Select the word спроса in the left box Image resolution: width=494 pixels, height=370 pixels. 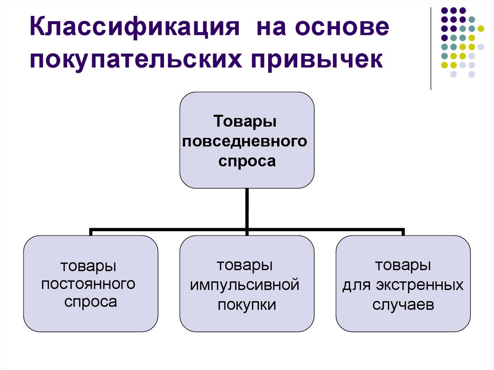click(x=91, y=302)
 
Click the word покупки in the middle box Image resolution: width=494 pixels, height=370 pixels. click(x=247, y=304)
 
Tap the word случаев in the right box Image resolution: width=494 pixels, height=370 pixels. click(x=403, y=304)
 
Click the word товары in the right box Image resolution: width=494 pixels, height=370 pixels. click(x=403, y=265)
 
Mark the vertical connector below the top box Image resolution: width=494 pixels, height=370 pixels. click(x=247, y=207)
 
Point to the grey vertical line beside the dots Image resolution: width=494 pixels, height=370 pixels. click(x=430, y=48)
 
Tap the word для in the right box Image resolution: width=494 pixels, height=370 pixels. click(x=355, y=285)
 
